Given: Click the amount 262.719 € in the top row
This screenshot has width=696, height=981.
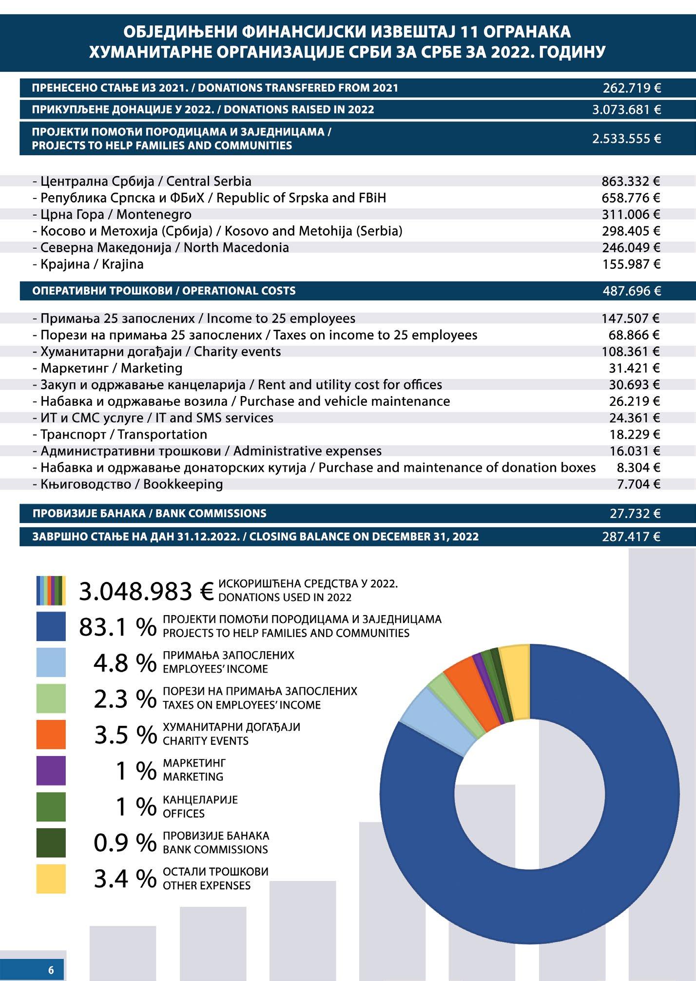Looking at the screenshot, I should coord(631,88).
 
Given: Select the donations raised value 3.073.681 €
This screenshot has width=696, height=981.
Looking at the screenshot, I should coord(626,110).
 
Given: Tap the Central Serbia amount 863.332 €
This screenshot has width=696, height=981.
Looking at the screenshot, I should coord(631,181).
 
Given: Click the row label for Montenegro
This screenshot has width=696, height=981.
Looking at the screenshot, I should coord(112,215).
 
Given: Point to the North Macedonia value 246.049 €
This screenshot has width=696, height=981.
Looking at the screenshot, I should coord(631,248).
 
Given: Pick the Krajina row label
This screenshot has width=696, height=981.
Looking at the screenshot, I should coord(88,264).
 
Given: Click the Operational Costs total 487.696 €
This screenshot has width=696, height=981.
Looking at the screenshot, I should coord(631,291).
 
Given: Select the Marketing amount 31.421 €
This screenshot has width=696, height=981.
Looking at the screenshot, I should coord(634,368).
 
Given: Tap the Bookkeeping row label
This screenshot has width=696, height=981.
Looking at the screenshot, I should coord(128,484).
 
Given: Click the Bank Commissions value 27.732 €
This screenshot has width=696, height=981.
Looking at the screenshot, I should coord(635,514).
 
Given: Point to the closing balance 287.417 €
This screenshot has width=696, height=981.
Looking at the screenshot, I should coord(631,537).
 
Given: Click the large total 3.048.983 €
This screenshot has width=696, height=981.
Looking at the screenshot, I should coord(146,591).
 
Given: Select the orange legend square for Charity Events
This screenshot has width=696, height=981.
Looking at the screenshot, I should coord(51,735).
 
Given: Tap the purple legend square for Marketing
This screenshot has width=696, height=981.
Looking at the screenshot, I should coord(51,771).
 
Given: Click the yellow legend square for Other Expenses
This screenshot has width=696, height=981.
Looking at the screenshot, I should coord(51,879).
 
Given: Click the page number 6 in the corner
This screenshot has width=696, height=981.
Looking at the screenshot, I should coord(51,970).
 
